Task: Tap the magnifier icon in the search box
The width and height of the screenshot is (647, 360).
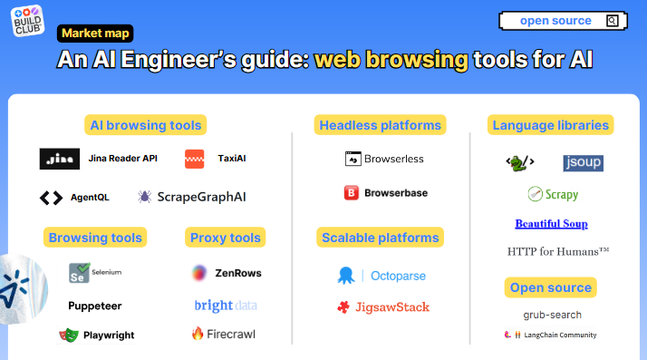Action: pos(613,21)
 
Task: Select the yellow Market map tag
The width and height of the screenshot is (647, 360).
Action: pos(96,34)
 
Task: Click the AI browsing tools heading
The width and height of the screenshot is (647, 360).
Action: pos(146,124)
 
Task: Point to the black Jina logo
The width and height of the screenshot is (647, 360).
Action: pos(60,159)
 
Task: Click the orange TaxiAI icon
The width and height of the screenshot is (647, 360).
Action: pos(195,159)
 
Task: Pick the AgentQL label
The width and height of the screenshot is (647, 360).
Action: pos(90,197)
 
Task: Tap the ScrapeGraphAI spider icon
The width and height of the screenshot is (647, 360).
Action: pos(145,197)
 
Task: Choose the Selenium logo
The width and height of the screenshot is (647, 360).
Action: pos(80,272)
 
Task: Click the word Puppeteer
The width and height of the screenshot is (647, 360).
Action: pos(95,306)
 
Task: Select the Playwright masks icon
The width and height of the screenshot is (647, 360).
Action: pos(69,335)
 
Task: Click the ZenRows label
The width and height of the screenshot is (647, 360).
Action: pos(238,272)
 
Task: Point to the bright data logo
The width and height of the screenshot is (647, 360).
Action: pos(226,306)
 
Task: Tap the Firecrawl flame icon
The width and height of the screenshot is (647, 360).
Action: pos(198,334)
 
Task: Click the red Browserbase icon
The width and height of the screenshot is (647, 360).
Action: pos(352,192)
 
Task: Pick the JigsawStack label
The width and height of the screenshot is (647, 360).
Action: pos(392,306)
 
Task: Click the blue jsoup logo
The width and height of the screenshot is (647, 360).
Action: pos(583,163)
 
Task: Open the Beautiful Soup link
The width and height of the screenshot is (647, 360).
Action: pos(551,223)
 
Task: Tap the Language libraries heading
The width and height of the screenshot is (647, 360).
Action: pos(551,124)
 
